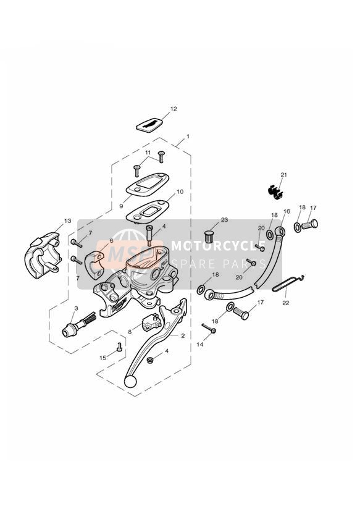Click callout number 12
pyautogui.click(x=174, y=109)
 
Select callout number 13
pyautogui.click(x=67, y=221)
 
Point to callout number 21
pyautogui.click(x=283, y=175)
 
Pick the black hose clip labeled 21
pyautogui.click(x=275, y=191)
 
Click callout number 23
pyautogui.click(x=224, y=220)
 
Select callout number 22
pyautogui.click(x=286, y=303)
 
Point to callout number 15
pyautogui.click(x=103, y=358)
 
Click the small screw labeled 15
pyautogui.click(x=119, y=347)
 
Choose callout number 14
pyautogui.click(x=200, y=344)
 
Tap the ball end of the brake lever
pyautogui.click(x=130, y=381)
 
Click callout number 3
pyautogui.click(x=77, y=308)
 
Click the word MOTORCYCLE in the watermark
pyautogui.click(x=218, y=246)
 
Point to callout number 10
pyautogui.click(x=180, y=191)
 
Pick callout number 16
pyautogui.click(x=287, y=211)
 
